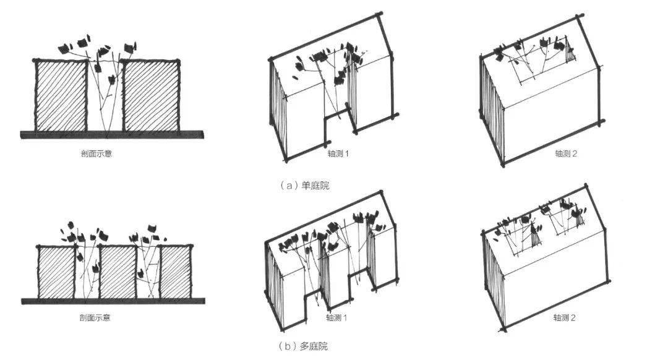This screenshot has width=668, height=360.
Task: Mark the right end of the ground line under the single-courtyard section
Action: pos(203,135)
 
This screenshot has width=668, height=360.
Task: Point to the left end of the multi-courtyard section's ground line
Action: pos(22,301)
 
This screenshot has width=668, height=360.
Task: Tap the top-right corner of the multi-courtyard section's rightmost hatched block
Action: pos(191,247)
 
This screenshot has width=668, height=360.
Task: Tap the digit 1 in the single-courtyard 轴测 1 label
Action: pos(346,153)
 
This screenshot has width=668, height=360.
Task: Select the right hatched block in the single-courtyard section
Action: pos(152,95)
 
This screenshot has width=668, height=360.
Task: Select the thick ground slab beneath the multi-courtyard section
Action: pos(113,301)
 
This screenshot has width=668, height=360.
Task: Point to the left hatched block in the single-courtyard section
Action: pos(61,95)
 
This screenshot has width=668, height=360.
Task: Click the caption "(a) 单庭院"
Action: pos(304,186)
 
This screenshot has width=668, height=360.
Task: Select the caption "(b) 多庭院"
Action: pos(303,346)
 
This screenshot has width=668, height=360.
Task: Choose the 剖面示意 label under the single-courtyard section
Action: pos(96,153)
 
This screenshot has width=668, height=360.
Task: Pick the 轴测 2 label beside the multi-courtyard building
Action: pos(565,317)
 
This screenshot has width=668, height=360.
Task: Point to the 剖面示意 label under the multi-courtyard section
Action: pos(95,317)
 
